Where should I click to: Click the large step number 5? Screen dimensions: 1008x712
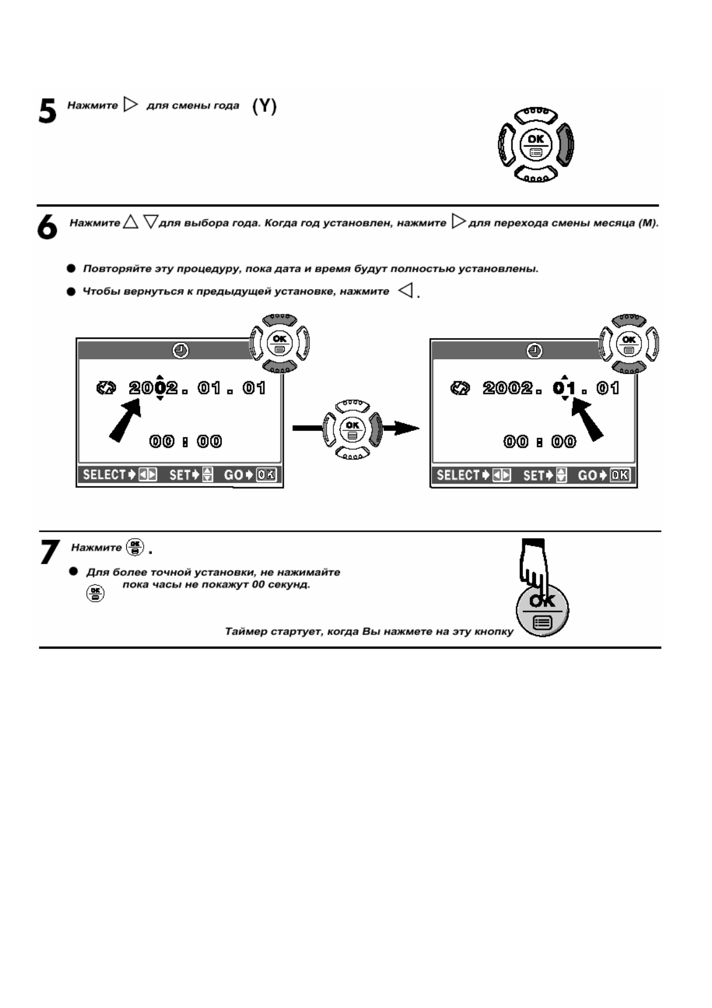click(47, 112)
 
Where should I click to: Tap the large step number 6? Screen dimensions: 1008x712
click(47, 228)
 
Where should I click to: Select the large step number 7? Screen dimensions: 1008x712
click(50, 552)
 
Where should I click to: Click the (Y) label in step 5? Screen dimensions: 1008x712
click(264, 107)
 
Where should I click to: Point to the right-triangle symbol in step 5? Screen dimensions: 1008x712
click(130, 105)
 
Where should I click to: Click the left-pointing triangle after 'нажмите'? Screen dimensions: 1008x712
click(406, 292)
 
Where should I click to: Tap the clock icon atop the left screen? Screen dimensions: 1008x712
click(180, 351)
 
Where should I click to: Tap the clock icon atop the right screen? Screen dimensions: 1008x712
click(534, 351)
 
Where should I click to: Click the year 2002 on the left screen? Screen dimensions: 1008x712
click(154, 388)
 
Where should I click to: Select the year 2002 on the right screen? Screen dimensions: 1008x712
click(507, 388)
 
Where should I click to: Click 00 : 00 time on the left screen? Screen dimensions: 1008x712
click(185, 442)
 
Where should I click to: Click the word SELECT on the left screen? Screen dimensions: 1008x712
click(104, 475)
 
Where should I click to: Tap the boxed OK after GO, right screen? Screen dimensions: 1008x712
click(620, 475)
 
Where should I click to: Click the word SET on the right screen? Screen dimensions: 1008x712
click(533, 475)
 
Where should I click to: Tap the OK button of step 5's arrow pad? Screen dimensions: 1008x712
click(535, 144)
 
